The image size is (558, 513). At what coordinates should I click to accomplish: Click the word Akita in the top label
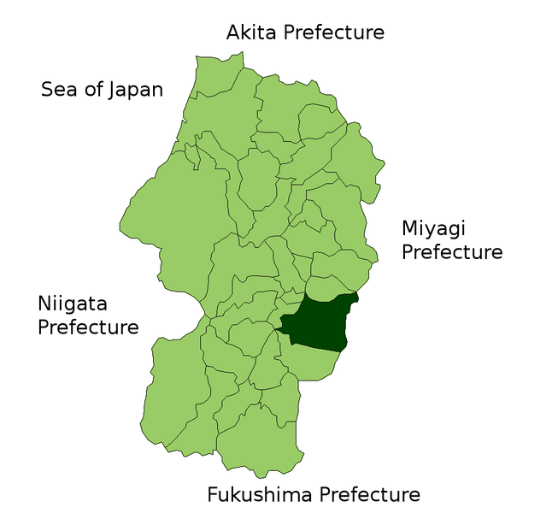pos(252,32)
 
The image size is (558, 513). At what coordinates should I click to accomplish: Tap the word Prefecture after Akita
pos(334,32)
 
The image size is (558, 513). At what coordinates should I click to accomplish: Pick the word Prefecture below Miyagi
pos(452,252)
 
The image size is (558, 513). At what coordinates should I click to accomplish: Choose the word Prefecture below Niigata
pos(88,327)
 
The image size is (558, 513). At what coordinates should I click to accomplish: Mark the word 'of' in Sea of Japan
pos(91,90)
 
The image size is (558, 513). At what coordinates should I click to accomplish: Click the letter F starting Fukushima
pos(213,494)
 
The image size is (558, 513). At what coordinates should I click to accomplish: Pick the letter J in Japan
pos(112,90)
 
